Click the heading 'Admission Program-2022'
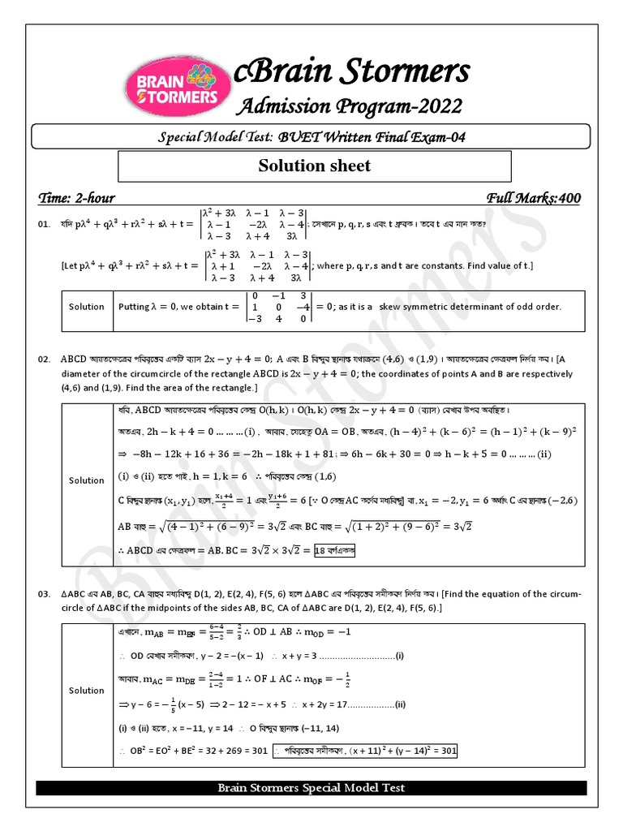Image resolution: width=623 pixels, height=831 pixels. tap(349, 106)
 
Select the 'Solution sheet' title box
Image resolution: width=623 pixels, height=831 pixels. tap(315, 166)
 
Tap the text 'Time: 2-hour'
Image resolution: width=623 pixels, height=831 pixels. tap(77, 198)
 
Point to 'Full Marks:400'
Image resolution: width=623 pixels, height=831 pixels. tap(533, 198)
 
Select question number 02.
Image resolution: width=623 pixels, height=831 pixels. tap(45, 358)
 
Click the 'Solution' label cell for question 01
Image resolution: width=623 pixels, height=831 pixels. tap(87, 307)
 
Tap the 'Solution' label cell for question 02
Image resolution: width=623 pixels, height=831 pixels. tap(87, 480)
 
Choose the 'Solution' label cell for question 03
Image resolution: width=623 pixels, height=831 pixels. tap(87, 691)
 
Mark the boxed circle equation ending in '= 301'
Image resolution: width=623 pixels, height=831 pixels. tap(365, 751)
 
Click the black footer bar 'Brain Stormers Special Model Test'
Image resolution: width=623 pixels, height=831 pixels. tap(311, 788)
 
